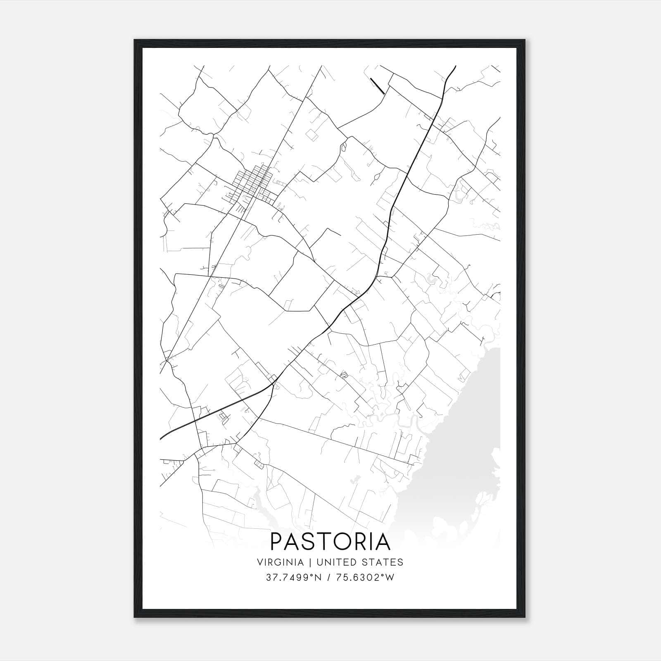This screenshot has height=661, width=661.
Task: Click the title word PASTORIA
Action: (330, 542)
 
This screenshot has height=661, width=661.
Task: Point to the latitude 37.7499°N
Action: (294, 578)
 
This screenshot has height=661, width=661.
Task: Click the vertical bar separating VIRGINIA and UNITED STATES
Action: (307, 562)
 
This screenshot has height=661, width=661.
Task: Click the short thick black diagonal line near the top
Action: (377, 86)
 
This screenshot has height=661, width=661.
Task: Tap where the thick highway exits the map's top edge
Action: (455, 66)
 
